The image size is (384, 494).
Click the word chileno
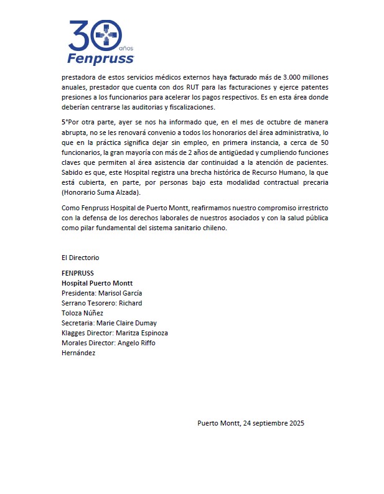(x=214, y=228)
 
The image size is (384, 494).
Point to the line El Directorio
(x=80, y=258)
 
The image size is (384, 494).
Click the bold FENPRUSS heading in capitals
(x=77, y=273)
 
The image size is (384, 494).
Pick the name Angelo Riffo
(x=138, y=343)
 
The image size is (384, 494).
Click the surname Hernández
(x=78, y=353)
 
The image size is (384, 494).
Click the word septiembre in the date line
(x=261, y=423)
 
